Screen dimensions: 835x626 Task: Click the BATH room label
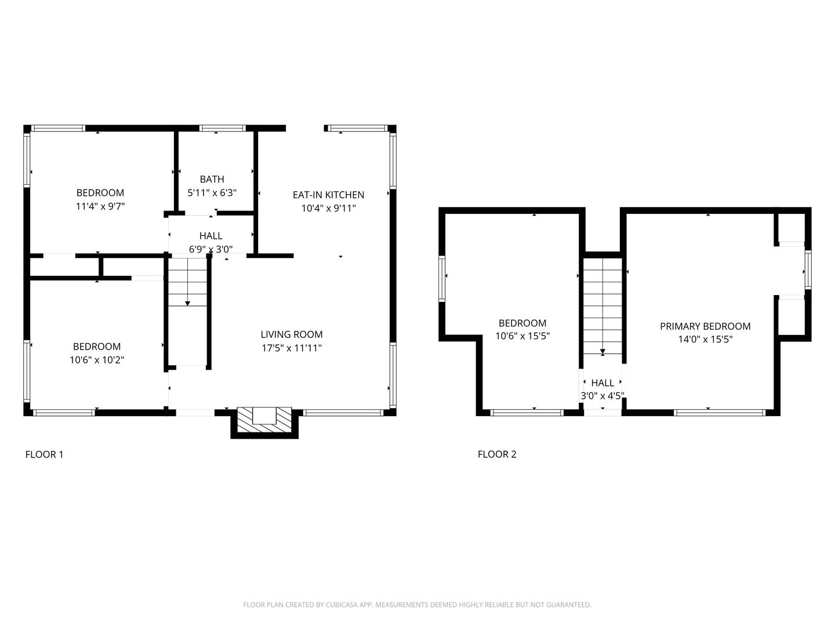pos(212,179)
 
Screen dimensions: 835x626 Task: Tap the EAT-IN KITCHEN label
pos(328,195)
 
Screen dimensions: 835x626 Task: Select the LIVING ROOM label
pos(292,334)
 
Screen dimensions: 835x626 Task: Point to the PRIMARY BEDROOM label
pos(705,326)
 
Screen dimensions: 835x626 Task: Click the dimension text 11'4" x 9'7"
pos(100,206)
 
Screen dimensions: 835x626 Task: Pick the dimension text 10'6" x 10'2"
pos(97,360)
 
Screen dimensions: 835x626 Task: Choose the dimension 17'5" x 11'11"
pos(292,348)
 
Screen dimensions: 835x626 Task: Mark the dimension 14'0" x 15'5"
pos(705,339)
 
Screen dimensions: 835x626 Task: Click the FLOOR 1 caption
pos(44,454)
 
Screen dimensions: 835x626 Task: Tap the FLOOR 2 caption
pos(497,454)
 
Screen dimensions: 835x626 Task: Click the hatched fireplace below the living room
pos(264,420)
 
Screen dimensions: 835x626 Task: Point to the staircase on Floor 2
pos(602,307)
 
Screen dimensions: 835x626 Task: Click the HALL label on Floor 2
pos(602,383)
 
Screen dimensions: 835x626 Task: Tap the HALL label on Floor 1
pos(210,236)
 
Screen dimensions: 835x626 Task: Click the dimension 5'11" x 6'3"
pos(212,192)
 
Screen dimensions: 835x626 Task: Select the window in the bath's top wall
pos(223,128)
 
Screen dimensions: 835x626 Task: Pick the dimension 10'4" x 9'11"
pos(328,208)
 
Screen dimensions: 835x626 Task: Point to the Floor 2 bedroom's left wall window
pos(442,279)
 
